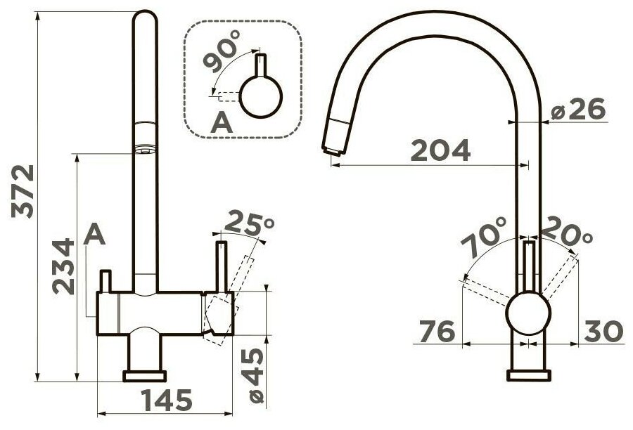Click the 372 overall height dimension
[x=23, y=192]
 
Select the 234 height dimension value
[x=63, y=266]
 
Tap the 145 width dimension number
[x=167, y=400]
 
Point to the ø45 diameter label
[x=252, y=376]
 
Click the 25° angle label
[x=249, y=223]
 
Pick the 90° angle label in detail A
[x=222, y=51]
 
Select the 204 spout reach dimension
[x=440, y=150]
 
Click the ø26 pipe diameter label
[x=578, y=109]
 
